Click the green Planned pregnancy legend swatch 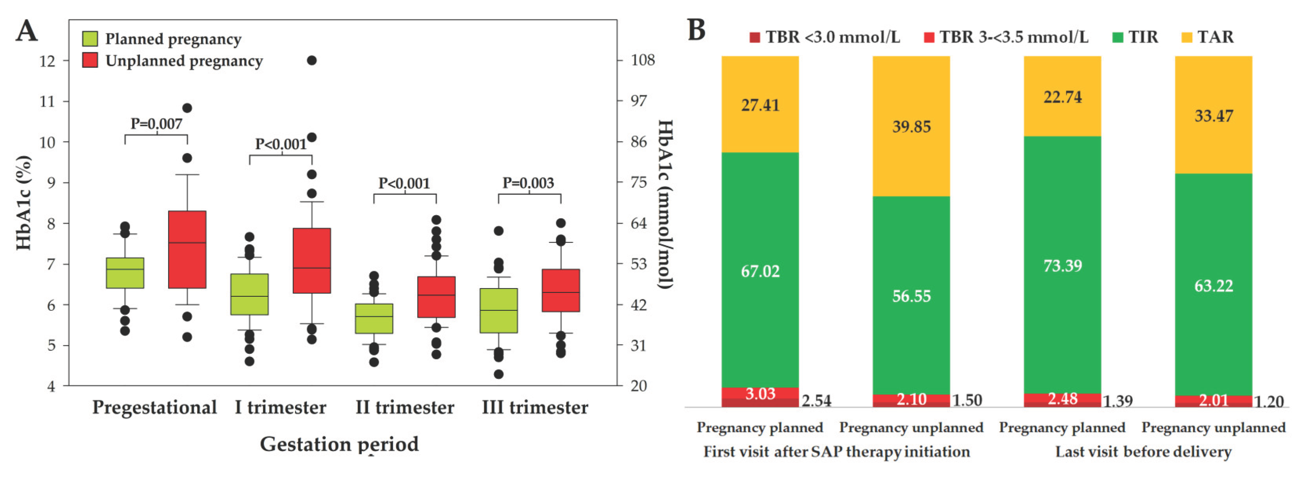[x=90, y=39]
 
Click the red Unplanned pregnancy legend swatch [x=90, y=60]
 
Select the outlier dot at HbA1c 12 [x=312, y=60]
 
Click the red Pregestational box [x=187, y=249]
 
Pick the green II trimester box [x=374, y=318]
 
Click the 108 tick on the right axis [x=642, y=60]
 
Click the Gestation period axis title [x=339, y=444]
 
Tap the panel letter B [x=696, y=30]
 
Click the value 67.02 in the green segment [x=760, y=272]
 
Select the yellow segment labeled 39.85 [x=911, y=127]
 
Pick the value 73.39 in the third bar [x=1062, y=265]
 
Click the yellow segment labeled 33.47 [x=1214, y=116]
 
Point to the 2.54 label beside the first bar [x=816, y=401]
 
